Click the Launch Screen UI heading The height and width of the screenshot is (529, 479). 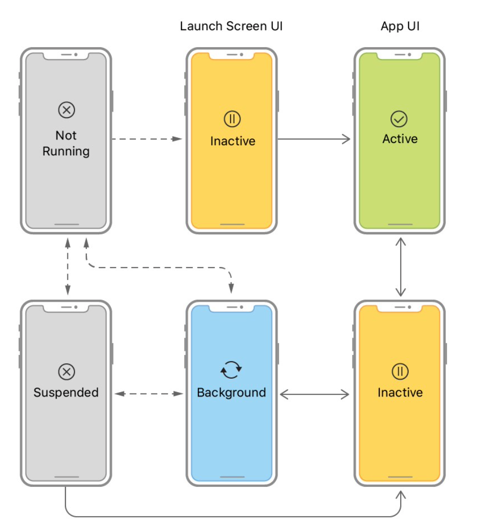point(231,26)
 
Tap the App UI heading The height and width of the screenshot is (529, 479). point(400,26)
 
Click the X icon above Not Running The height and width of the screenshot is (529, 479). point(66,109)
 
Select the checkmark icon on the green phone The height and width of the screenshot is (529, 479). point(399,119)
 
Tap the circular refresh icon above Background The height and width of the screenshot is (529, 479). point(231,370)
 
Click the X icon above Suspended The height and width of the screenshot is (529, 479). point(66,371)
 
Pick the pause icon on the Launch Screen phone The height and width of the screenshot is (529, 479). point(232,119)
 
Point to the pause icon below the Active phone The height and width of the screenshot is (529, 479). point(400,371)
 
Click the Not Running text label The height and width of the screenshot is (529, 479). point(66,143)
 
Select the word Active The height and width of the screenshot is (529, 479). point(400,139)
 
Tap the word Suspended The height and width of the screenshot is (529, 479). point(66,393)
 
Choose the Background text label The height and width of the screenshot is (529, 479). point(231,393)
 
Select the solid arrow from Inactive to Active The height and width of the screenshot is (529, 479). point(314,139)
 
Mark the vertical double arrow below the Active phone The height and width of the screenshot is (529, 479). point(400,267)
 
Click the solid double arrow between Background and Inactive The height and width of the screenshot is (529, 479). point(314,395)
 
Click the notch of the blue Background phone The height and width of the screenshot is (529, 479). point(232,308)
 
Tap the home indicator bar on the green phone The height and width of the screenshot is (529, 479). point(400,224)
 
